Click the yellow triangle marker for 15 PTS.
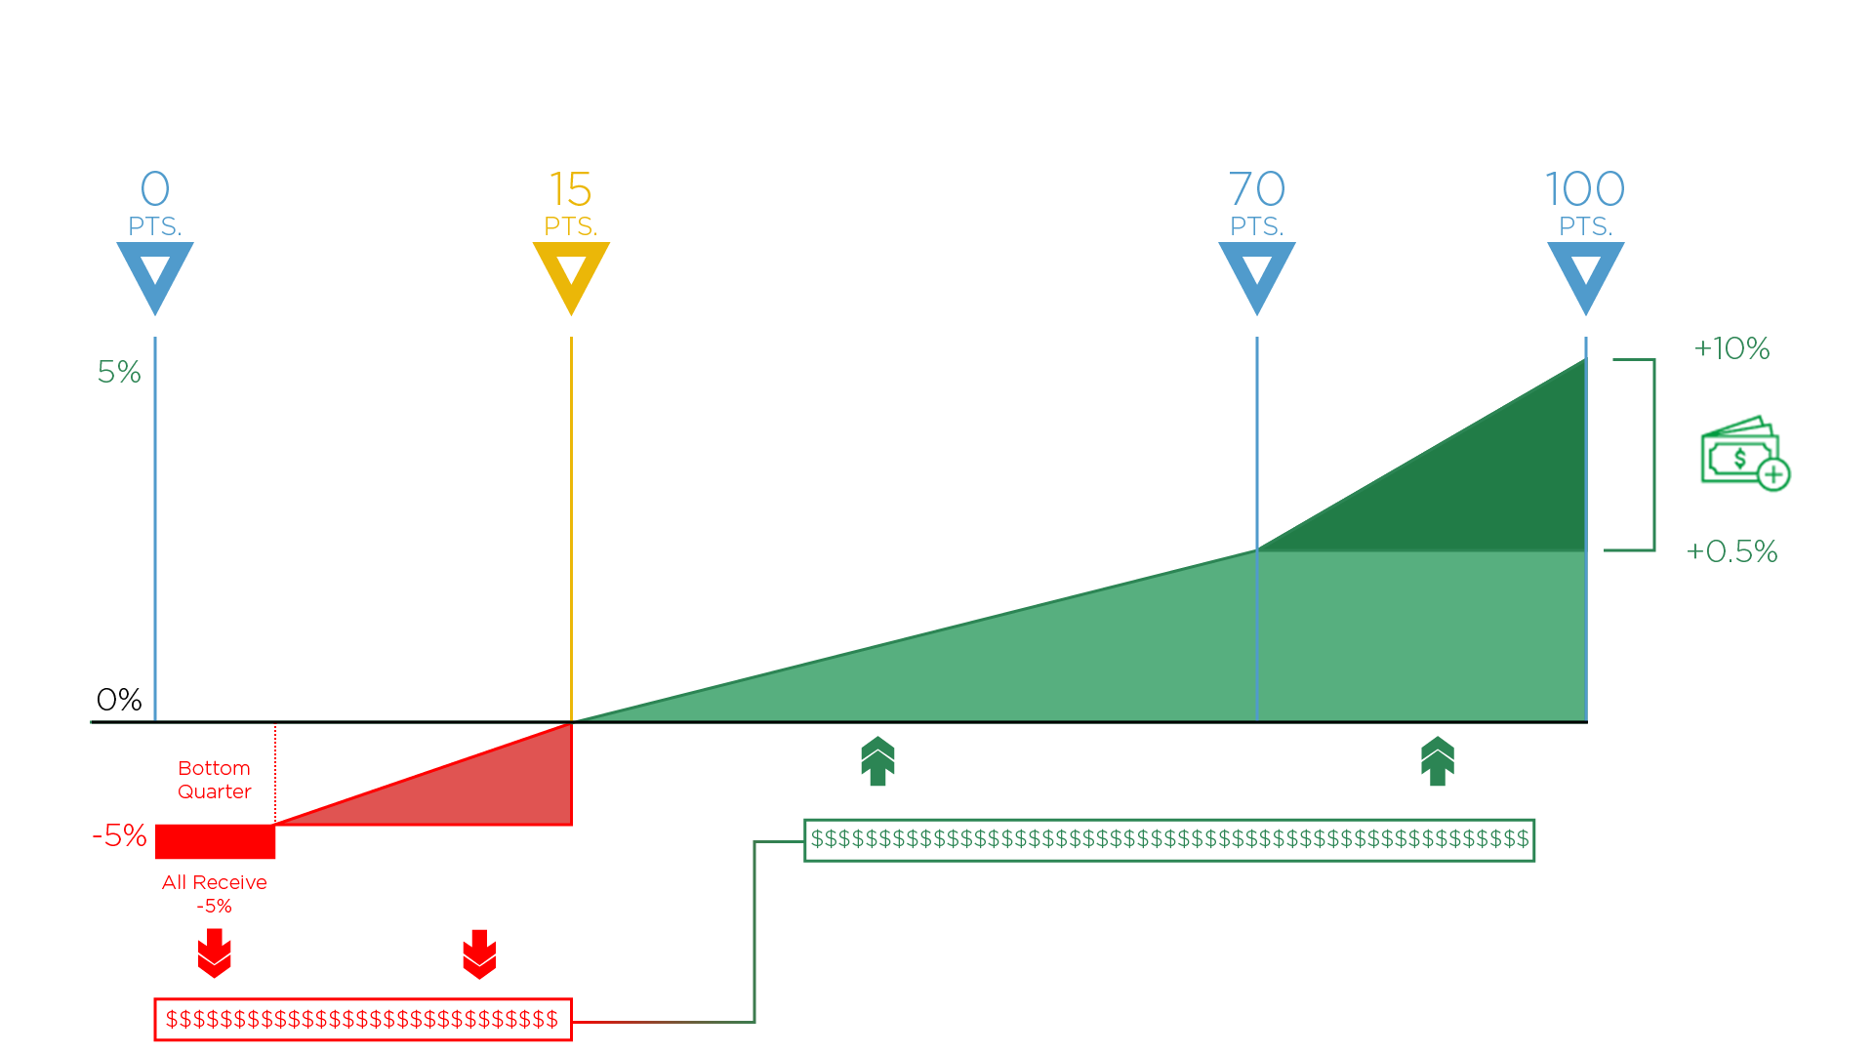(571, 273)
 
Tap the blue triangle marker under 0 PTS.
(155, 273)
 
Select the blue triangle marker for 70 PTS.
(1256, 273)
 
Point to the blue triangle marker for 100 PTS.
(1585, 273)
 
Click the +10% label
(1731, 348)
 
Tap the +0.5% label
(1731, 551)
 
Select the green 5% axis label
(119, 372)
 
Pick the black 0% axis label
(119, 700)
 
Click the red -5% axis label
(119, 835)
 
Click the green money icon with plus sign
(1744, 454)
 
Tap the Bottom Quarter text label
(215, 780)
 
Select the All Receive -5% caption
(215, 894)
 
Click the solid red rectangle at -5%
(216, 841)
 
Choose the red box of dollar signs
(362, 1020)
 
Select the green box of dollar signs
(1169, 839)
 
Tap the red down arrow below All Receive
(215, 953)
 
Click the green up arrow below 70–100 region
(1438, 761)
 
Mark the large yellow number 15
(570, 188)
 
